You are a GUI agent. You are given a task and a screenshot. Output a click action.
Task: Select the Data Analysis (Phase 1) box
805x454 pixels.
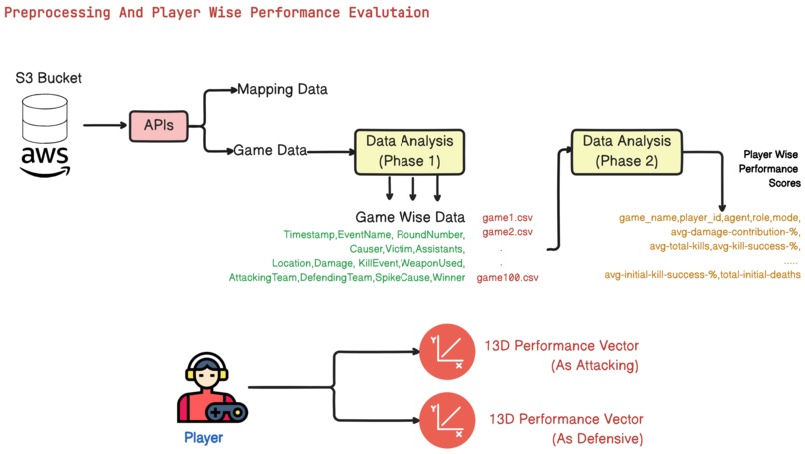coord(408,151)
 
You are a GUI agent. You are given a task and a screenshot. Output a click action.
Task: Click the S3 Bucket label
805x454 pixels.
coord(48,78)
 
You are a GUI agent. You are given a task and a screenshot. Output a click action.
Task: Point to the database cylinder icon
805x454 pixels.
coord(47,118)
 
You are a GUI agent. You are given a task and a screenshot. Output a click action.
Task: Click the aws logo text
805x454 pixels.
coord(46,160)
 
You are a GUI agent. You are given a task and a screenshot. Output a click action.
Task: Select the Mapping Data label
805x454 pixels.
coord(282,90)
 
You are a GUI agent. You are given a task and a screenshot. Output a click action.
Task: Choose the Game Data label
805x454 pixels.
coord(270,151)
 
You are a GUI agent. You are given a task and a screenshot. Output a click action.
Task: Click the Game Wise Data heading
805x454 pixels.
coord(409,217)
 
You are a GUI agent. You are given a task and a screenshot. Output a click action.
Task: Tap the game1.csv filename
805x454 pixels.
coord(508,217)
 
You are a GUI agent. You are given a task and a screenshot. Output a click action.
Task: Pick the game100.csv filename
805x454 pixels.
coord(507,277)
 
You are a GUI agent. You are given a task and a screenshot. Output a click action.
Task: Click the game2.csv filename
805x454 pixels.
coord(508,232)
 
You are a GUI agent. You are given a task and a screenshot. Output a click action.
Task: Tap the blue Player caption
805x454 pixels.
coord(203,438)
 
